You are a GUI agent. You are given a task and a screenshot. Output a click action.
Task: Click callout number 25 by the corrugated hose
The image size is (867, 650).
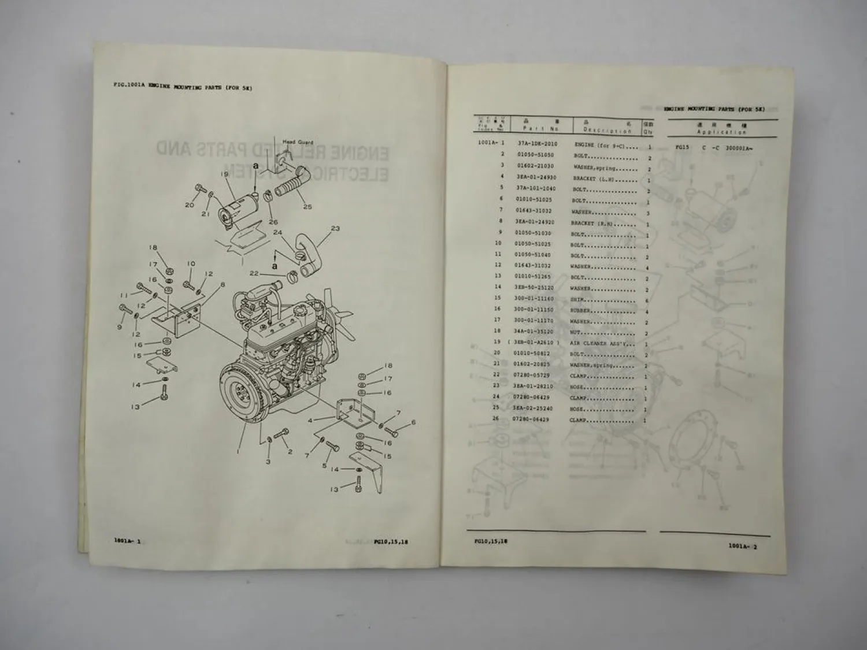pos(307,206)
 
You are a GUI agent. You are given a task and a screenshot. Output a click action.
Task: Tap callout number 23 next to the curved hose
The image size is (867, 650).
pos(335,228)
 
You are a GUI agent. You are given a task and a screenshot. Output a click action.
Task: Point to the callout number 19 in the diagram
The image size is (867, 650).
pos(224,174)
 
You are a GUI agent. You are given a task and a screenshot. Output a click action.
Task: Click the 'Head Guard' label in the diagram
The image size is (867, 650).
pos(298,142)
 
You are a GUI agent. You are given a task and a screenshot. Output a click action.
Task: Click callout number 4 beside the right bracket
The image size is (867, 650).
pos(310,420)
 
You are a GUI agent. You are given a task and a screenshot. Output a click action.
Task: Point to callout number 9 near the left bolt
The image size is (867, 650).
pos(120,327)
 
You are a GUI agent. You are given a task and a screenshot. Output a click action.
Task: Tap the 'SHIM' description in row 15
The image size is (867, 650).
pos(578,299)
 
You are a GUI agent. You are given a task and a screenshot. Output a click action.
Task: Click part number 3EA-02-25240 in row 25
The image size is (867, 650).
pos(533,408)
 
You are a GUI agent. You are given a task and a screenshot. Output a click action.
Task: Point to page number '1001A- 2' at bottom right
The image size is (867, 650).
pos(742,546)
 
